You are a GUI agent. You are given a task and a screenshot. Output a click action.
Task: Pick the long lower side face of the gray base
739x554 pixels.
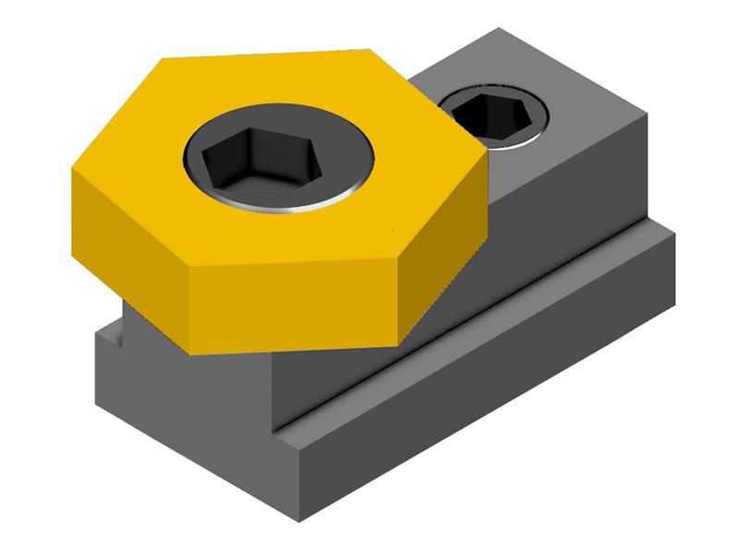480,397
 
